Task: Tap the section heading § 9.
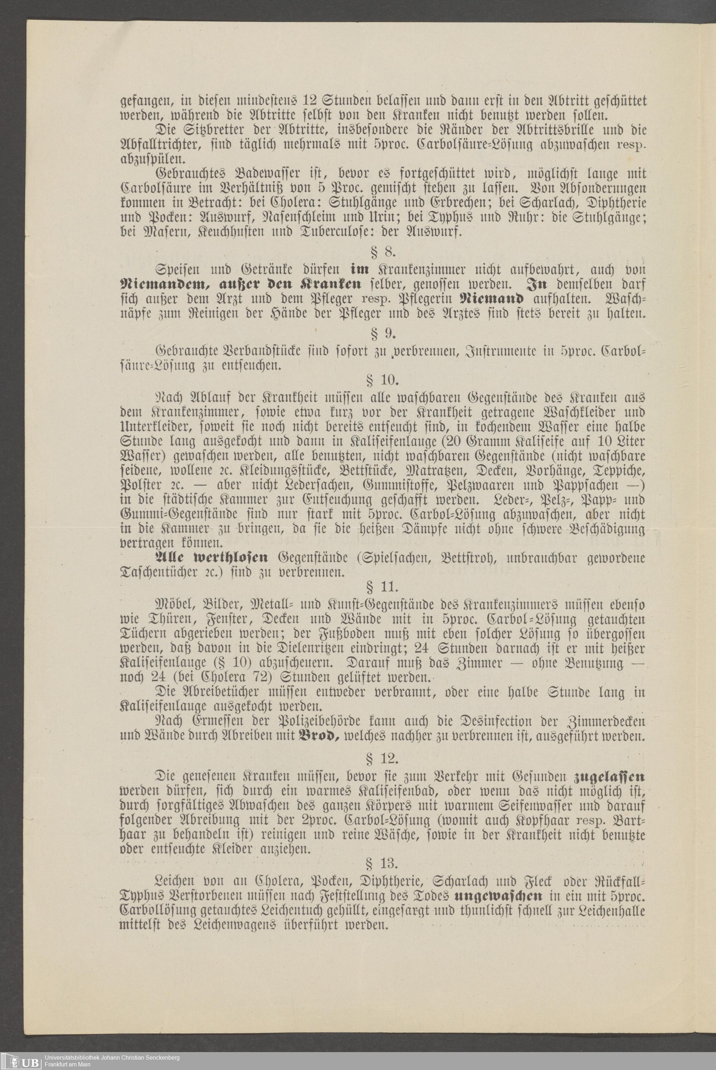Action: (x=383, y=334)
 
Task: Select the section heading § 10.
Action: (x=383, y=380)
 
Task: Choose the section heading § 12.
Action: (x=383, y=758)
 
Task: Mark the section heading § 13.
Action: (x=383, y=864)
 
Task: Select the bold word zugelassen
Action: (x=609, y=777)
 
